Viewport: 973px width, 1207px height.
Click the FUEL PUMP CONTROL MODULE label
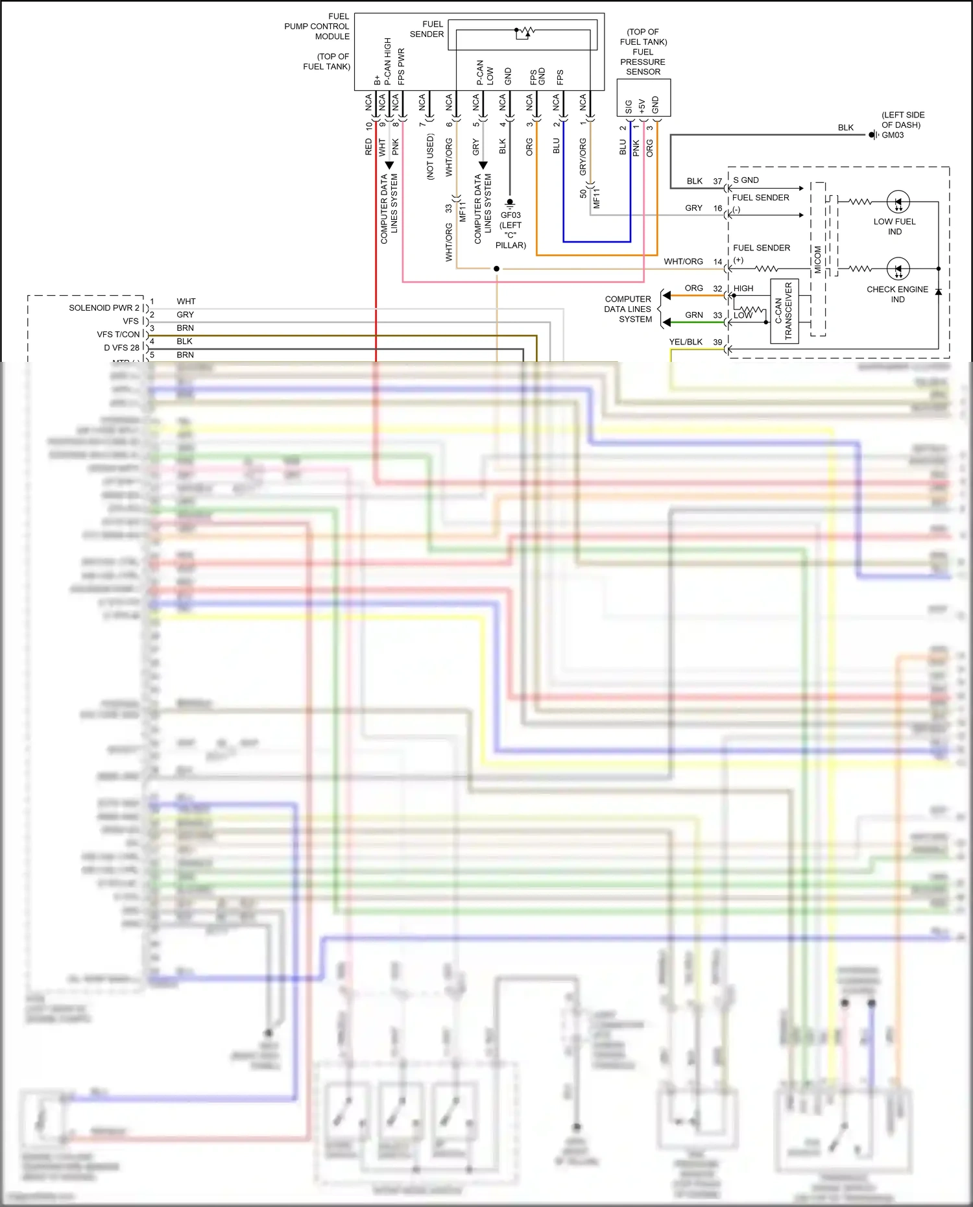tap(317, 26)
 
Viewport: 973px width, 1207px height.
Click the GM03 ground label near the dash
tap(893, 135)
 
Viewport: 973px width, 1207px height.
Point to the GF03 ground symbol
tap(510, 203)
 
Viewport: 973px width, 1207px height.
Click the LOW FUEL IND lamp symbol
tap(898, 202)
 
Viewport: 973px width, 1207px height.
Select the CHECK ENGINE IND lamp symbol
tap(898, 269)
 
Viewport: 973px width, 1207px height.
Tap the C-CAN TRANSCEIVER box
tap(784, 311)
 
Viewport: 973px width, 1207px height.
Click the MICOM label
tap(818, 259)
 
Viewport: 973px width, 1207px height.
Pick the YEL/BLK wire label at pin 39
tap(686, 342)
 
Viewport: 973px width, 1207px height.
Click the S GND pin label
tap(746, 180)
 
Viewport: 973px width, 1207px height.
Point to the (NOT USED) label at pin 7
tap(430, 156)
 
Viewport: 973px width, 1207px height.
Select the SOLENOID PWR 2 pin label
tap(104, 307)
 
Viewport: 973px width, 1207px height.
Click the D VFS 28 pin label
tap(121, 348)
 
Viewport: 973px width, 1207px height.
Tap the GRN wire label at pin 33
tap(693, 315)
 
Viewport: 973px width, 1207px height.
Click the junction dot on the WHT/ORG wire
tap(496, 269)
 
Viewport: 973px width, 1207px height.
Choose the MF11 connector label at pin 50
tap(596, 198)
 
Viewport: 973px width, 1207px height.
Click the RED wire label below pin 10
tap(368, 147)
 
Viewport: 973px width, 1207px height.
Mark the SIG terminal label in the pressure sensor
tap(628, 106)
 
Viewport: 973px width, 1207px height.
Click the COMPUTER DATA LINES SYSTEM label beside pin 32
tap(627, 309)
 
